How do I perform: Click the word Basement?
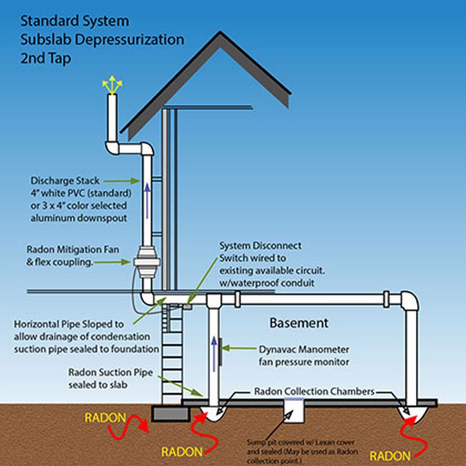(299, 323)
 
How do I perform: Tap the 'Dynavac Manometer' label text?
(303, 349)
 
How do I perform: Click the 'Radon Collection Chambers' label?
(314, 391)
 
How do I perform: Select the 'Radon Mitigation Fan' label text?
(73, 249)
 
